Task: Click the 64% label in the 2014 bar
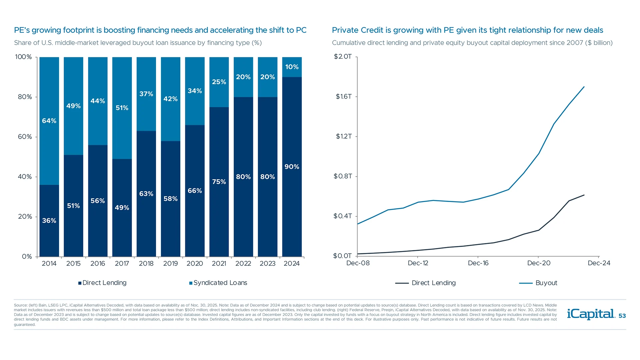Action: click(49, 121)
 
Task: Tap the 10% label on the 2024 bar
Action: click(292, 67)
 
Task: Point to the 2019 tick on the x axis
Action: click(170, 263)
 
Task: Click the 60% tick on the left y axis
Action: click(25, 137)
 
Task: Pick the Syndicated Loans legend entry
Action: click(218, 283)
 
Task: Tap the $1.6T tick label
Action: click(344, 97)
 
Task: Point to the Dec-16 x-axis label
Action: click(478, 263)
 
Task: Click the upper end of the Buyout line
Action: click(584, 87)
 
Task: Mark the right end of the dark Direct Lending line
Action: click(584, 195)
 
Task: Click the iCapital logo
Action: click(591, 314)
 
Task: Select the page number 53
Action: click(622, 316)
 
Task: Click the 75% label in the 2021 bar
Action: click(219, 182)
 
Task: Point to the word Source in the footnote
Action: click(20, 305)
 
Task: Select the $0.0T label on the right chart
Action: click(342, 256)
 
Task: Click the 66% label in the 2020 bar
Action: click(195, 191)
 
